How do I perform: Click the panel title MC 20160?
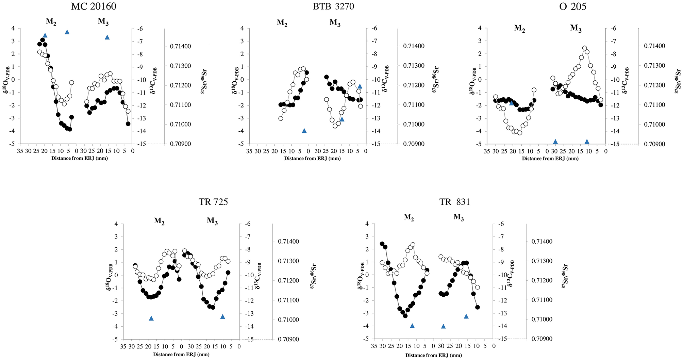[x=94, y=6]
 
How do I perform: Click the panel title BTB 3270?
[x=333, y=6]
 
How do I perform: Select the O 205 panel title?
[x=573, y=6]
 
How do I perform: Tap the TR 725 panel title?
[x=213, y=202]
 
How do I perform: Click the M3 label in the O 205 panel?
[x=576, y=29]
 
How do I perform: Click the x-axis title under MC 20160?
[x=80, y=158]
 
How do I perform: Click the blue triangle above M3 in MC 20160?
[x=107, y=37]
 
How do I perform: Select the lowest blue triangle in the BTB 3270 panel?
[x=304, y=131]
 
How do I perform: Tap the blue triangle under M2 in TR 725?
[x=151, y=318]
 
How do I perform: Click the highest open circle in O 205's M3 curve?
[x=584, y=48]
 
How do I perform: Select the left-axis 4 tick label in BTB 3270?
[x=242, y=29]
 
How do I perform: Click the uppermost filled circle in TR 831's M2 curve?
[x=382, y=244]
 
